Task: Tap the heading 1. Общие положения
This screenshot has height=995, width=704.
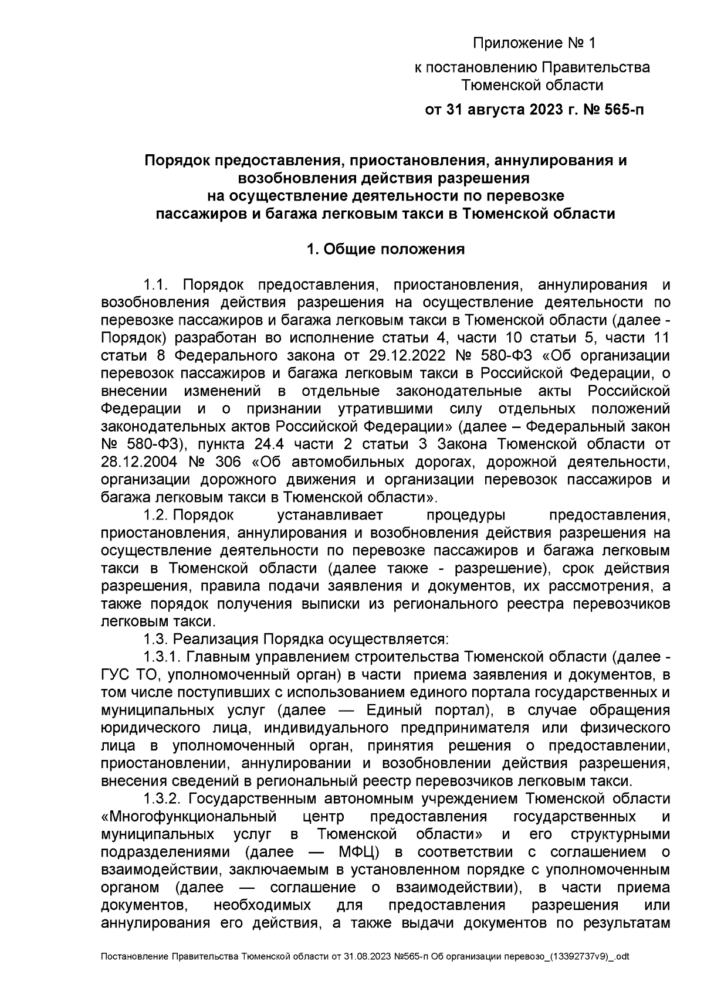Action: tap(385, 249)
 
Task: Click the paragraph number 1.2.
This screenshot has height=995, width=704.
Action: tap(157, 515)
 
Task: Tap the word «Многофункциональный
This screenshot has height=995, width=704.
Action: tap(188, 817)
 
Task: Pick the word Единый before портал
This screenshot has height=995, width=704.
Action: tap(394, 710)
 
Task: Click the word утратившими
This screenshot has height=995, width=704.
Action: tap(386, 409)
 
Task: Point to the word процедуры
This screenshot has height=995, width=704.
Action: tap(466, 515)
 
